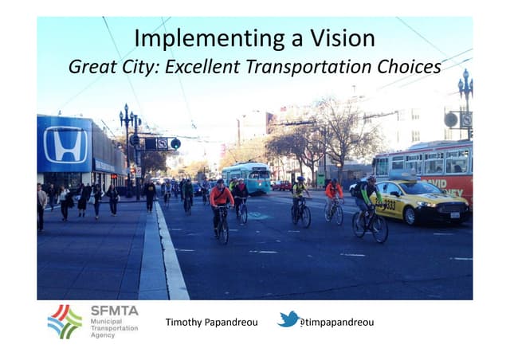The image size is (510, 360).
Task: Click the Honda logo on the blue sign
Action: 65,144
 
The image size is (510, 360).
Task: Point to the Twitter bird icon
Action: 288,320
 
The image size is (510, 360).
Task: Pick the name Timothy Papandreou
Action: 211,323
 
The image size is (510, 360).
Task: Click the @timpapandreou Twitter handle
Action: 339,323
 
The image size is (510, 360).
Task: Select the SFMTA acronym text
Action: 114,311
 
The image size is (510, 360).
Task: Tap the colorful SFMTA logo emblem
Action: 65,321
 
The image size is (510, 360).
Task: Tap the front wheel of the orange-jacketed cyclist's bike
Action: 223,232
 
